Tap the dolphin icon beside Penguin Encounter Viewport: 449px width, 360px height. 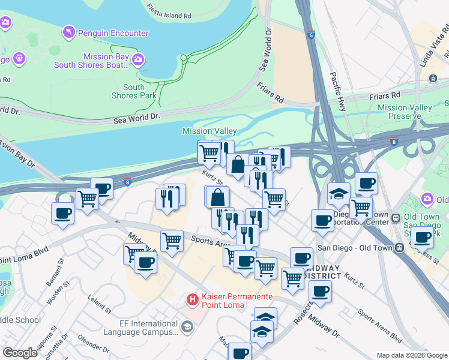coord(69,31)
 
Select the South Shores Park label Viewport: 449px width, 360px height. coord(134,91)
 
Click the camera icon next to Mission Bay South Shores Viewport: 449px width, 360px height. coord(139,59)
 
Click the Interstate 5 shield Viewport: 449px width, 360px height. coord(310,35)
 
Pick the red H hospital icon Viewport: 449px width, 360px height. coord(193,298)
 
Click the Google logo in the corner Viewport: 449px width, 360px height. coord(20,353)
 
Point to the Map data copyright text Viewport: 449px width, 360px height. coord(411,355)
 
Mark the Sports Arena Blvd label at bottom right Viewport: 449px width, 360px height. coord(379,325)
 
